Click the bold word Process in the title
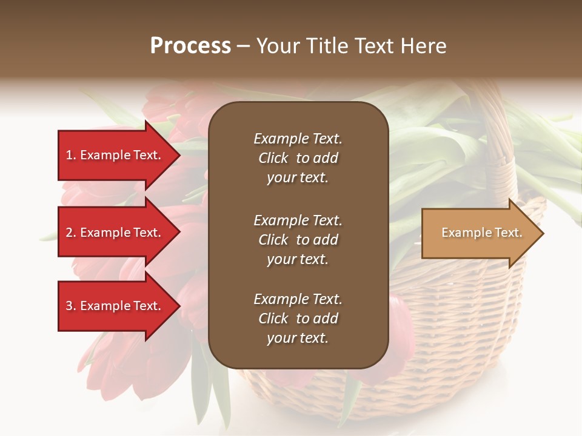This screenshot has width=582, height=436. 190,46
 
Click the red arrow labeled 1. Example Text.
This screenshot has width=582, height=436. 115,155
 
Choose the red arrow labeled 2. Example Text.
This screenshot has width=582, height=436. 115,233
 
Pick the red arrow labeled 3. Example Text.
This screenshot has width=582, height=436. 115,306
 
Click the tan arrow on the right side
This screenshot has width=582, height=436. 479,233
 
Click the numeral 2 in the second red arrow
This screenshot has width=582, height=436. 69,233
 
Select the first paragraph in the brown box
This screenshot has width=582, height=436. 298,158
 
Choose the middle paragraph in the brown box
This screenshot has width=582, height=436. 298,240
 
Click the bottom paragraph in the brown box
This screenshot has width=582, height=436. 298,319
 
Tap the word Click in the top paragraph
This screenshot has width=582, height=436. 273,158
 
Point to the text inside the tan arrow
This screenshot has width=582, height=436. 481,233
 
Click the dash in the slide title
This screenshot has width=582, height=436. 243,46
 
